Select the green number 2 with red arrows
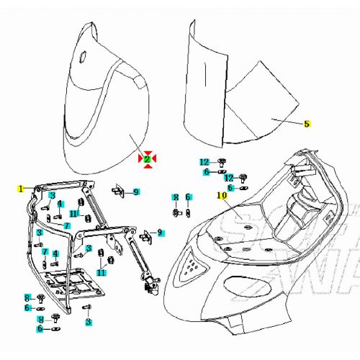point(146,159)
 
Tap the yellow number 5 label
point(306,123)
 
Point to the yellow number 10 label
point(221,195)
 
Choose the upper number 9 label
point(135,192)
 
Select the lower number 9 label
point(160,233)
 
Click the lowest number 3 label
point(88,322)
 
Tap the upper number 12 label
point(204,161)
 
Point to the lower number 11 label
point(102,273)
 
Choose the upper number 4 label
point(60,204)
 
